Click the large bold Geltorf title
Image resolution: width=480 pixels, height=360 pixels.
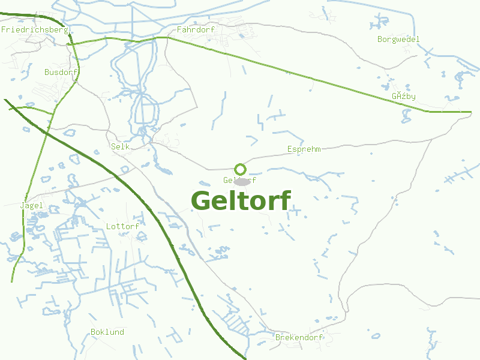(241, 200)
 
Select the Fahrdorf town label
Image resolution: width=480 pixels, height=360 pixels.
(192, 29)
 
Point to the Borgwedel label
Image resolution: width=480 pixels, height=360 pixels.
(398, 40)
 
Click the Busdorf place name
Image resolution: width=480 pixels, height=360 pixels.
(61, 72)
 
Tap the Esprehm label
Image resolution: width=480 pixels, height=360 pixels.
(304, 149)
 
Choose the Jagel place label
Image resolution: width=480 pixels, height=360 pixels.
(31, 205)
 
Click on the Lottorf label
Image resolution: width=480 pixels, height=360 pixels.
(122, 226)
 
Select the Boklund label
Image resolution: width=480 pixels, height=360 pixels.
(107, 332)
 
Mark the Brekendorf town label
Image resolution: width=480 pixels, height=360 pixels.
(299, 337)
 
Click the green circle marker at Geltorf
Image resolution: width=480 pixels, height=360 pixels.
(240, 169)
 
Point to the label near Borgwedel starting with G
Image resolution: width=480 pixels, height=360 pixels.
(404, 96)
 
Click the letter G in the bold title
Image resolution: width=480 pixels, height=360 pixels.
(202, 200)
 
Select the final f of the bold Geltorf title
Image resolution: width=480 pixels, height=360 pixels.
(285, 200)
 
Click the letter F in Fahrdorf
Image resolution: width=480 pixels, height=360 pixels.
(179, 29)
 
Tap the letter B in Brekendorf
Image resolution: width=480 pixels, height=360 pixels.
(278, 337)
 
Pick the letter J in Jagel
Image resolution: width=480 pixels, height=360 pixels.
(22, 205)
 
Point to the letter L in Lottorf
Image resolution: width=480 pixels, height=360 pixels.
(108, 226)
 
